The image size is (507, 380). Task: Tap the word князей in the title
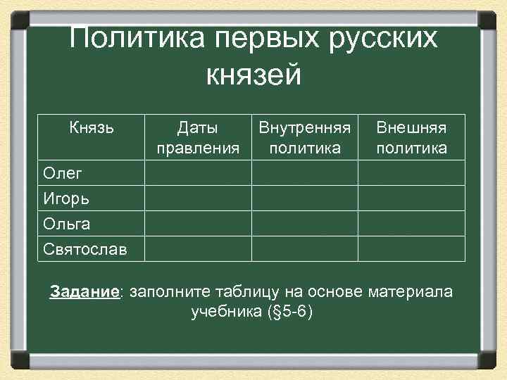pos(254,74)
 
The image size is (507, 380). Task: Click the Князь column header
pos(92,128)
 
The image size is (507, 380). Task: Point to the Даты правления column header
pos(198,138)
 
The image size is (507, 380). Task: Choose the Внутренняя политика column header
pos(304,138)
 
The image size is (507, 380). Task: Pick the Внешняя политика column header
pos(411,138)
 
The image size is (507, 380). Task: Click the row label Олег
pos(61,173)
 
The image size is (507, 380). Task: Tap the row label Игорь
pos(65,198)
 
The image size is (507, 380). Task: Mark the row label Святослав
pos(85,249)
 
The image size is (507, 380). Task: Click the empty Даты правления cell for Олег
pos(198,173)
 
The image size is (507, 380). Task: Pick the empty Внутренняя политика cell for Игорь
pos(304,198)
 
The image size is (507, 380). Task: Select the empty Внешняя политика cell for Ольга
pos(411,224)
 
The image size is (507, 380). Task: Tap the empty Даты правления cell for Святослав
pos(198,249)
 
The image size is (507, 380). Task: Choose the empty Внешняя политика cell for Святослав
pos(411,249)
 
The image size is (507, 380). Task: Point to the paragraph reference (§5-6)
pos(289,311)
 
